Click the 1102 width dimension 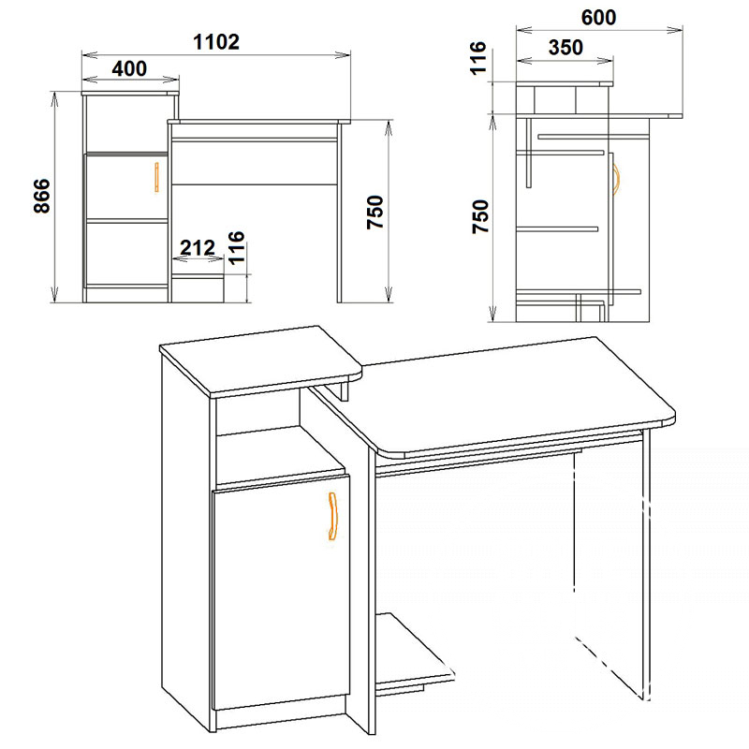tap(216, 42)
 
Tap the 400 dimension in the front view tap(129, 68)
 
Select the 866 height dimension tap(42, 196)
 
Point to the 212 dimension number tap(198, 247)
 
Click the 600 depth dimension tap(598, 18)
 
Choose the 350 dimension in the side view tap(565, 48)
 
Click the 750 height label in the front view tap(375, 213)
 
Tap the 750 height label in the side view tap(481, 216)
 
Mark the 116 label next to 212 tap(237, 247)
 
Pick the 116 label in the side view tap(478, 58)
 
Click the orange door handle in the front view tap(156, 177)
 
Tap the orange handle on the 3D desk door tap(333, 516)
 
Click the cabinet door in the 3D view tap(281, 592)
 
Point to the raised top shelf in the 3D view tap(260, 360)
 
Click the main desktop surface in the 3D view tap(497, 396)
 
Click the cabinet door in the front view tap(126, 186)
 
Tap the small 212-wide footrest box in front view tap(198, 288)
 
